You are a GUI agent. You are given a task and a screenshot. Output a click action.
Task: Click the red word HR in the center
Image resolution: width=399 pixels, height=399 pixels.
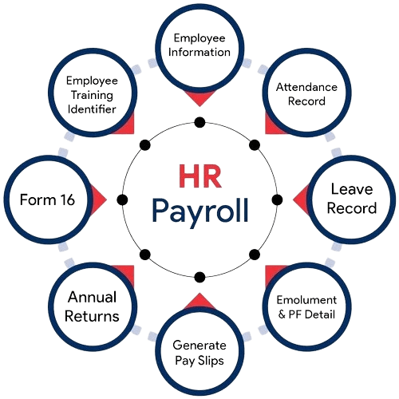click(x=200, y=176)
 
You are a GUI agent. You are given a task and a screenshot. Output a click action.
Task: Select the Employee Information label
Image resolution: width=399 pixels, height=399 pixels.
click(x=199, y=45)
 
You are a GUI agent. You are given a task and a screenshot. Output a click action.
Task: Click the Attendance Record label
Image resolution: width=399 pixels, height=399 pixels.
click(x=306, y=94)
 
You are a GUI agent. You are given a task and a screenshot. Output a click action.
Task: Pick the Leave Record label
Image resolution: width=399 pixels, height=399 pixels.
click(x=352, y=199)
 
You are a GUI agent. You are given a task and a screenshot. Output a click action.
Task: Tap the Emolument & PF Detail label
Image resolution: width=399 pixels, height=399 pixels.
click(x=306, y=307)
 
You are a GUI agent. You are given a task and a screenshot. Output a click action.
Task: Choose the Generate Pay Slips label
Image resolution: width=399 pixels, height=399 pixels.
click(x=199, y=354)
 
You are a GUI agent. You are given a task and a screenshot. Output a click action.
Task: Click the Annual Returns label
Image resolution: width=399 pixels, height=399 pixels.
click(x=92, y=306)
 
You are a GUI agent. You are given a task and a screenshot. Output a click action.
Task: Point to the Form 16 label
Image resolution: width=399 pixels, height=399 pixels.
click(x=47, y=199)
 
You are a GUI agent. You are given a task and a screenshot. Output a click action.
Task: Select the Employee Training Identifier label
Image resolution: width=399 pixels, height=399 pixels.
click(x=92, y=95)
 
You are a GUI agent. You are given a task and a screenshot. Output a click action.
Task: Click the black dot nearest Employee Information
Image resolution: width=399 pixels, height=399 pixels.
click(x=199, y=122)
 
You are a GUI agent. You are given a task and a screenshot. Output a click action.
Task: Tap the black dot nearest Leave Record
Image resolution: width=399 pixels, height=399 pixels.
click(x=277, y=199)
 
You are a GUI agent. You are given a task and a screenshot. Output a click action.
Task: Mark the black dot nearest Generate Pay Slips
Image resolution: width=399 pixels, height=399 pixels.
click(x=199, y=277)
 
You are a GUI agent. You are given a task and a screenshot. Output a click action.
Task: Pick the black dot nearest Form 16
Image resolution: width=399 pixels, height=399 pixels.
click(x=122, y=199)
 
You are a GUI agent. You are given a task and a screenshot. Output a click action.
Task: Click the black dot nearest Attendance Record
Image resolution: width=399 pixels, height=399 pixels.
click(x=255, y=145)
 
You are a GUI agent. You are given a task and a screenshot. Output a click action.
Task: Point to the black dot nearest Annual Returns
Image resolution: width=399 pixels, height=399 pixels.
click(x=145, y=255)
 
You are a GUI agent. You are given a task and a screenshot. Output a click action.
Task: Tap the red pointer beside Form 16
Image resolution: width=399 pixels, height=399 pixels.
click(x=98, y=199)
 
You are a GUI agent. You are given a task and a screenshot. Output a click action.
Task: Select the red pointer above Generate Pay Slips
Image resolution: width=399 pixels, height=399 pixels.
click(x=199, y=301)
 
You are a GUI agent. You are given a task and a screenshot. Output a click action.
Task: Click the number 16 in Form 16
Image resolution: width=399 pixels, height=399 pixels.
click(x=68, y=199)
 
